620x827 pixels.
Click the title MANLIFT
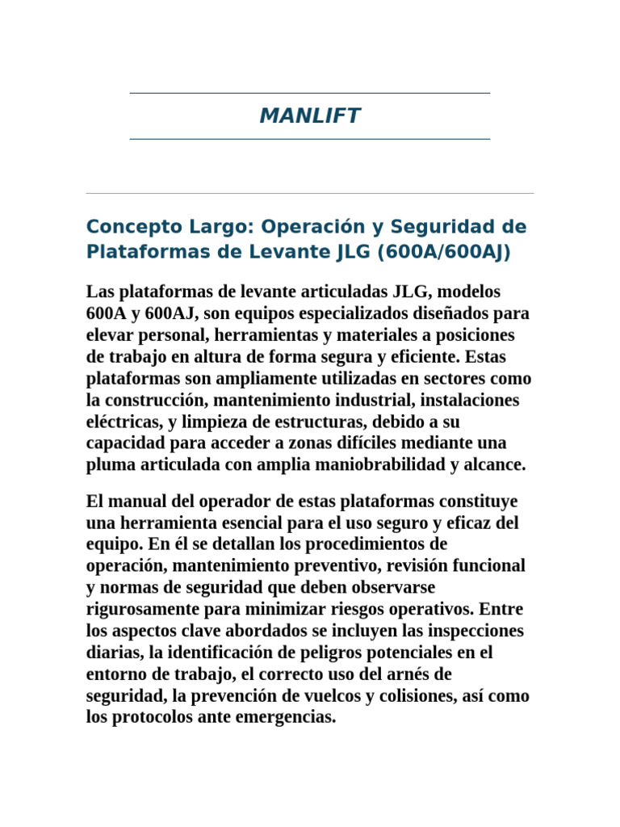click(x=310, y=116)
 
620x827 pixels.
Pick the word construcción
click(x=154, y=400)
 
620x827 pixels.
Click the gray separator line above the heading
click(x=310, y=193)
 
